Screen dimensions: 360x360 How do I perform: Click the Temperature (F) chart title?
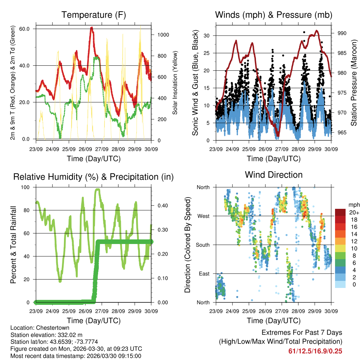click(x=94, y=15)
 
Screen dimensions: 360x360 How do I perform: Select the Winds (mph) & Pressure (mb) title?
click(x=274, y=15)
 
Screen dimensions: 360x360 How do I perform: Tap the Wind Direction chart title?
click(x=274, y=175)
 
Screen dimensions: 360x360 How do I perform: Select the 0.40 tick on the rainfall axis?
click(x=160, y=205)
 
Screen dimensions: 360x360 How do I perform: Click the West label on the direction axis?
click(x=203, y=216)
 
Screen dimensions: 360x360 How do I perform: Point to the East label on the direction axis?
click(x=204, y=274)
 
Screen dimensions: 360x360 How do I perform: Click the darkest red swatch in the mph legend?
click(x=340, y=212)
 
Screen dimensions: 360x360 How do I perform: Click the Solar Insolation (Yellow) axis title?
click(x=175, y=83)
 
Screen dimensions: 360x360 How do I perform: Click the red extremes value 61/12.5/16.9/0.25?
click(x=315, y=351)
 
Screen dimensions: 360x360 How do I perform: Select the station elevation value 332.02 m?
click(x=70, y=335)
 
